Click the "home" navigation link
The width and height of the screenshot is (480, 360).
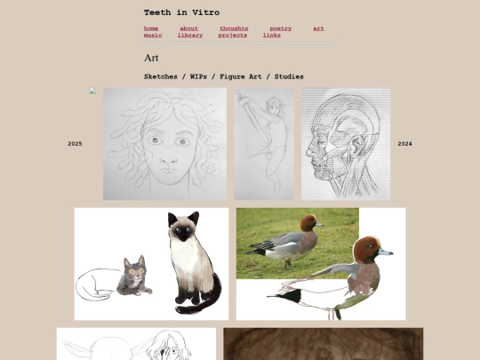(151, 28)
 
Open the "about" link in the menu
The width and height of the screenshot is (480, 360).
(188, 28)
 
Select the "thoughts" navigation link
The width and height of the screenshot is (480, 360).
(234, 28)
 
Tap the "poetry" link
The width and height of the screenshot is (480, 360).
(280, 28)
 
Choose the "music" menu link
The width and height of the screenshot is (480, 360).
(153, 36)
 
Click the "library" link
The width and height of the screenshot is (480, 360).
(190, 36)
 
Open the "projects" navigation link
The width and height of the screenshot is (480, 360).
(233, 36)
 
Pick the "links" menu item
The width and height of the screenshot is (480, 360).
(271, 36)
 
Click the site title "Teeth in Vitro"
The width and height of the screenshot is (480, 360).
(182, 12)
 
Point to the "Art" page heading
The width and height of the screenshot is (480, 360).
(151, 58)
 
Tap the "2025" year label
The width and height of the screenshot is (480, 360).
(75, 144)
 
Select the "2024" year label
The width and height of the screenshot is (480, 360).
(404, 144)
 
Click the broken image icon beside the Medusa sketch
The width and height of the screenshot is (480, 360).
(92, 91)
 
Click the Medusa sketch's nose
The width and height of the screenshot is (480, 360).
(169, 158)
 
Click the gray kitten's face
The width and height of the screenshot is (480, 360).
(136, 270)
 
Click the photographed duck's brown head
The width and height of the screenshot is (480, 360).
(308, 222)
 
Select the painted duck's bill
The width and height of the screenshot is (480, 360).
(386, 252)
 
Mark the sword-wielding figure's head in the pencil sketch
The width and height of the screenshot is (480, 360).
(275, 106)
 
